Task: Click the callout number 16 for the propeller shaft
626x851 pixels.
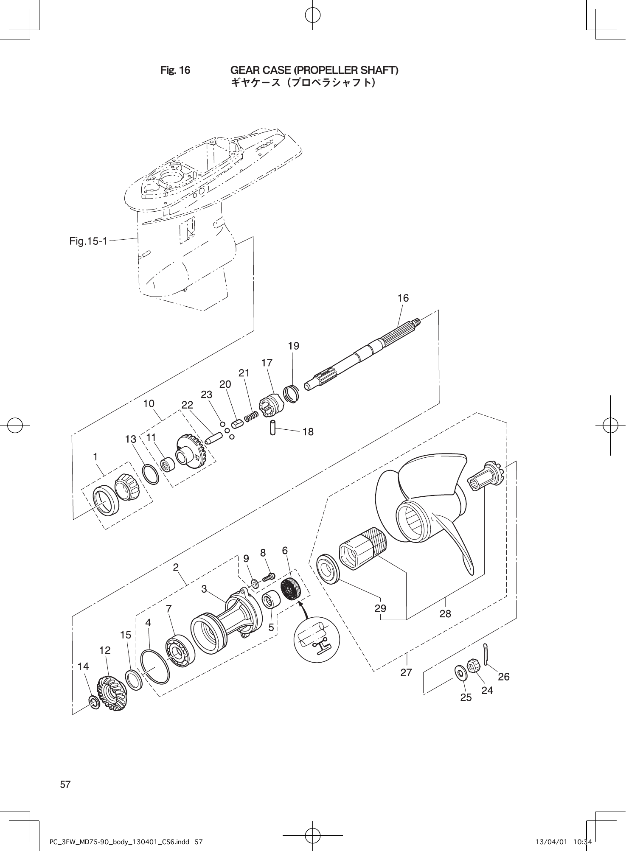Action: click(403, 298)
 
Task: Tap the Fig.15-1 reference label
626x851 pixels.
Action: click(88, 241)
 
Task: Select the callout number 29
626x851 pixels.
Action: click(380, 608)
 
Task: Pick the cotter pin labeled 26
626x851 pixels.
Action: click(486, 654)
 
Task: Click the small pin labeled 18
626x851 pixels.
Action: click(273, 427)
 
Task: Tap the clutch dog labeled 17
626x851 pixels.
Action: click(269, 405)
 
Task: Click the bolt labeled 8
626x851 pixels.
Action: click(269, 577)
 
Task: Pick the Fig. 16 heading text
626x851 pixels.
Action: click(175, 70)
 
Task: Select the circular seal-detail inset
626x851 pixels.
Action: click(316, 639)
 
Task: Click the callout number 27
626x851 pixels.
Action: click(406, 672)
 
